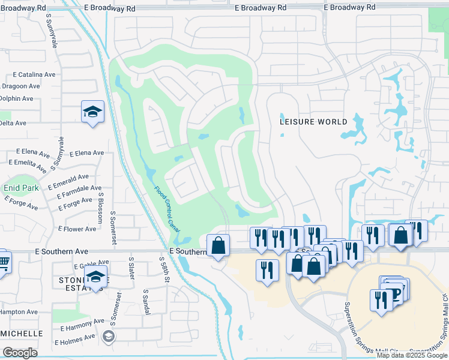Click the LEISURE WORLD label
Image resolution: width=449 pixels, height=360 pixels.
[313, 122]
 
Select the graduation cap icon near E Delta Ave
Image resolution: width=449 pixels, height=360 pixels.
[92, 112]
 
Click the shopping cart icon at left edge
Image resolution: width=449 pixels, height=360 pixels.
[3, 261]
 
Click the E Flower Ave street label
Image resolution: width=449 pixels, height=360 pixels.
[77, 229]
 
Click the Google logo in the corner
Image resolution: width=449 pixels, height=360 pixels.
[20, 353]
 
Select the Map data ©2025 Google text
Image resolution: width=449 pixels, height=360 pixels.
[412, 355]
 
